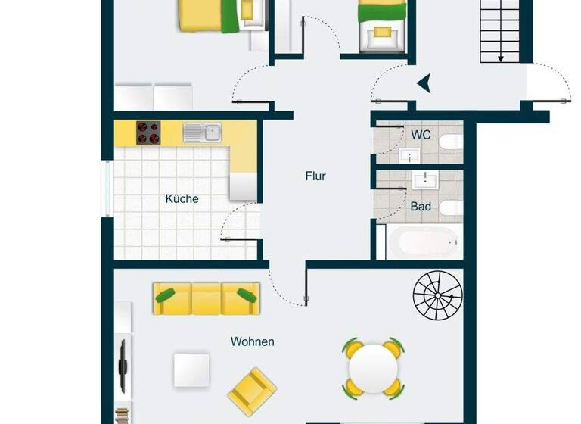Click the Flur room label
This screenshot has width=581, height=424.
[x=315, y=176]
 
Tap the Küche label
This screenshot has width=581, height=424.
[x=182, y=199]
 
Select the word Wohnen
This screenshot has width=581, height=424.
[x=253, y=342]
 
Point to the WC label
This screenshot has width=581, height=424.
[x=421, y=135]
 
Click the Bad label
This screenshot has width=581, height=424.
[x=421, y=206]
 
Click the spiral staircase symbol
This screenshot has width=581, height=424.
[x=437, y=296]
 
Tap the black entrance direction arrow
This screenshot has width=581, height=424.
[x=424, y=83]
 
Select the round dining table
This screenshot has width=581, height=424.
[x=373, y=367]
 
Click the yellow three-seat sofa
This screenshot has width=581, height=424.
[x=206, y=298]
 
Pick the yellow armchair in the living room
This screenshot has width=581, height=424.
[x=252, y=389]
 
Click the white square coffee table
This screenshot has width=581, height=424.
[x=193, y=371]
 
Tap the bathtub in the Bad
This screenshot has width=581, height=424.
[x=422, y=242]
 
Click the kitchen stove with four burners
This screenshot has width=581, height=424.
[x=149, y=133]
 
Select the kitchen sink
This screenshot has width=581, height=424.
[x=200, y=133]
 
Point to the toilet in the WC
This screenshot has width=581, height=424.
[x=450, y=142]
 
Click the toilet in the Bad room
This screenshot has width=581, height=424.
[x=450, y=207]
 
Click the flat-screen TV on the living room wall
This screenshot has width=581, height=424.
[x=123, y=365]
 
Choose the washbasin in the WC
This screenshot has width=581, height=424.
[x=409, y=156]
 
